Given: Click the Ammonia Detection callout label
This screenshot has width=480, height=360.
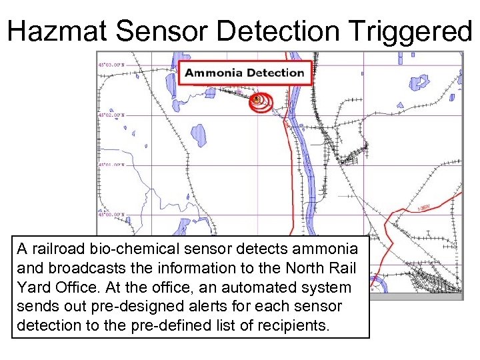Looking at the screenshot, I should coord(244,73).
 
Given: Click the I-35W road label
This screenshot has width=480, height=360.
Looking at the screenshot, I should coord(423,207).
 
